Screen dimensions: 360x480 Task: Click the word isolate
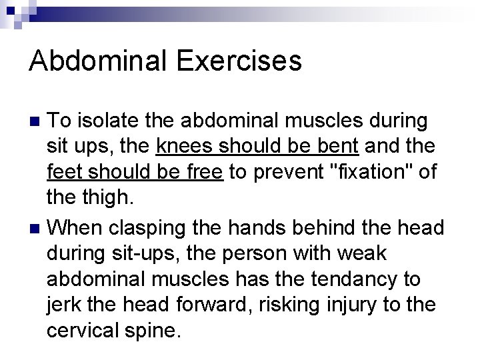[103, 121]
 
